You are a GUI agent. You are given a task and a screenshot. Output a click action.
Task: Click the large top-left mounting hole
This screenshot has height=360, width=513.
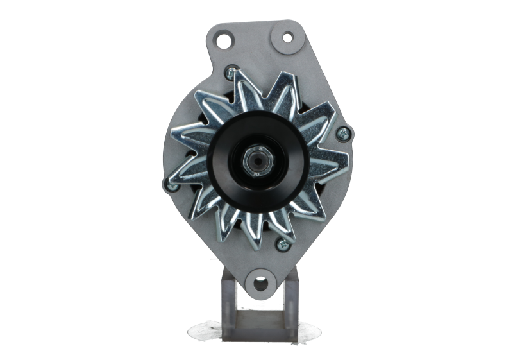(x=224, y=40)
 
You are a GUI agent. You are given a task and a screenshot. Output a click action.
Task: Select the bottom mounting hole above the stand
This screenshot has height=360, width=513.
(x=259, y=282)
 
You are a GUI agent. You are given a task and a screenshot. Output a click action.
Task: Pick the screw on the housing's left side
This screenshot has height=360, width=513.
(x=171, y=185)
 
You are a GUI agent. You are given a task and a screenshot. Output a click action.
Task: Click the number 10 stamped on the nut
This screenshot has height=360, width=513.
(x=258, y=171)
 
